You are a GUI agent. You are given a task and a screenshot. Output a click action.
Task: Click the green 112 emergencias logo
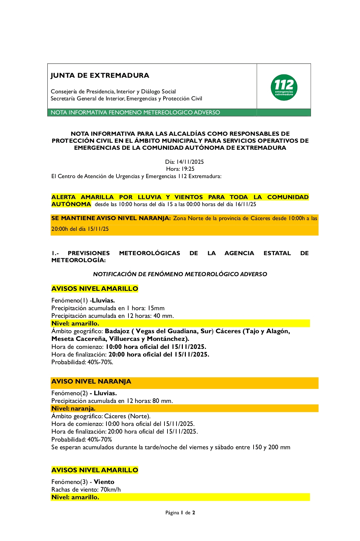[x=284, y=87]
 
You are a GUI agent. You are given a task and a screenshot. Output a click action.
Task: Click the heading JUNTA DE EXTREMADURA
[x=100, y=75]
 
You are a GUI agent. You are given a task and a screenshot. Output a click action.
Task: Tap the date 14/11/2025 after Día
[x=190, y=162]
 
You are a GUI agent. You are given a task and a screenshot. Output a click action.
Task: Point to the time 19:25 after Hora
[x=188, y=169]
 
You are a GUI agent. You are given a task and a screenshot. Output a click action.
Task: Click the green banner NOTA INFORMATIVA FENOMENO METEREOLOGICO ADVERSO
[x=135, y=112]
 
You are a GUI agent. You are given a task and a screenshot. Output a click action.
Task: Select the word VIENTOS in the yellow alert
[x=189, y=197]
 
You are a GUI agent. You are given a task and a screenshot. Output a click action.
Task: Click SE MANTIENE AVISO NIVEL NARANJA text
[x=111, y=218]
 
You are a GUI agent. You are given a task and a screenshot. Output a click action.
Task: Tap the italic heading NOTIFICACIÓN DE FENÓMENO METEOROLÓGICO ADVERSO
[x=180, y=274]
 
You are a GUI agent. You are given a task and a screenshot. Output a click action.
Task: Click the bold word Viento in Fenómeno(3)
[x=104, y=482]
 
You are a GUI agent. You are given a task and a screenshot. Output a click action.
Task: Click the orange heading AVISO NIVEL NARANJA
[x=91, y=382]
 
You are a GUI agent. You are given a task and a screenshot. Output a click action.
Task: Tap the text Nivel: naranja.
[x=73, y=409]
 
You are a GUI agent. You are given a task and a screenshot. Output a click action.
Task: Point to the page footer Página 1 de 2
[x=180, y=513]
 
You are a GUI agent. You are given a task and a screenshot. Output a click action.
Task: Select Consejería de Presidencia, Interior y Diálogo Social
[x=113, y=91]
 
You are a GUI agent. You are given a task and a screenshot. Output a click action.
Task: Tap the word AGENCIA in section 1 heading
[x=239, y=253]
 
